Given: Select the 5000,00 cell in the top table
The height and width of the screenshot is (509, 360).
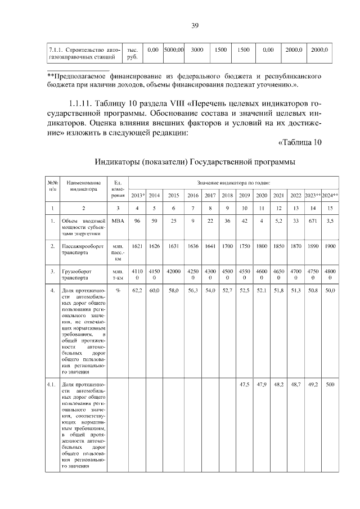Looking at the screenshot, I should coord(174,50).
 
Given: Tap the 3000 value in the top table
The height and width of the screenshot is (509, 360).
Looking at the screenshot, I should coord(197,50).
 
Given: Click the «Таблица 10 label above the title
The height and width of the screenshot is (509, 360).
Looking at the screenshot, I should coord(300,142).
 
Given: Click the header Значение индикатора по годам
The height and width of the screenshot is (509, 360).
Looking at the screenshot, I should coord(233,183).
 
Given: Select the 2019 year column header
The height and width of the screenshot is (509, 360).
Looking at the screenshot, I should coord(245,195).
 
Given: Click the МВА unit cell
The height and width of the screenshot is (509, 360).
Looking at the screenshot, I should coord(118,221).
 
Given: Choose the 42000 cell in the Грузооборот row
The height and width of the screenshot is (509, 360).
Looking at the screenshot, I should coord(173,271).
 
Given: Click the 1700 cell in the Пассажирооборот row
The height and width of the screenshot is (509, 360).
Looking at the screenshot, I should coord(227,246).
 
